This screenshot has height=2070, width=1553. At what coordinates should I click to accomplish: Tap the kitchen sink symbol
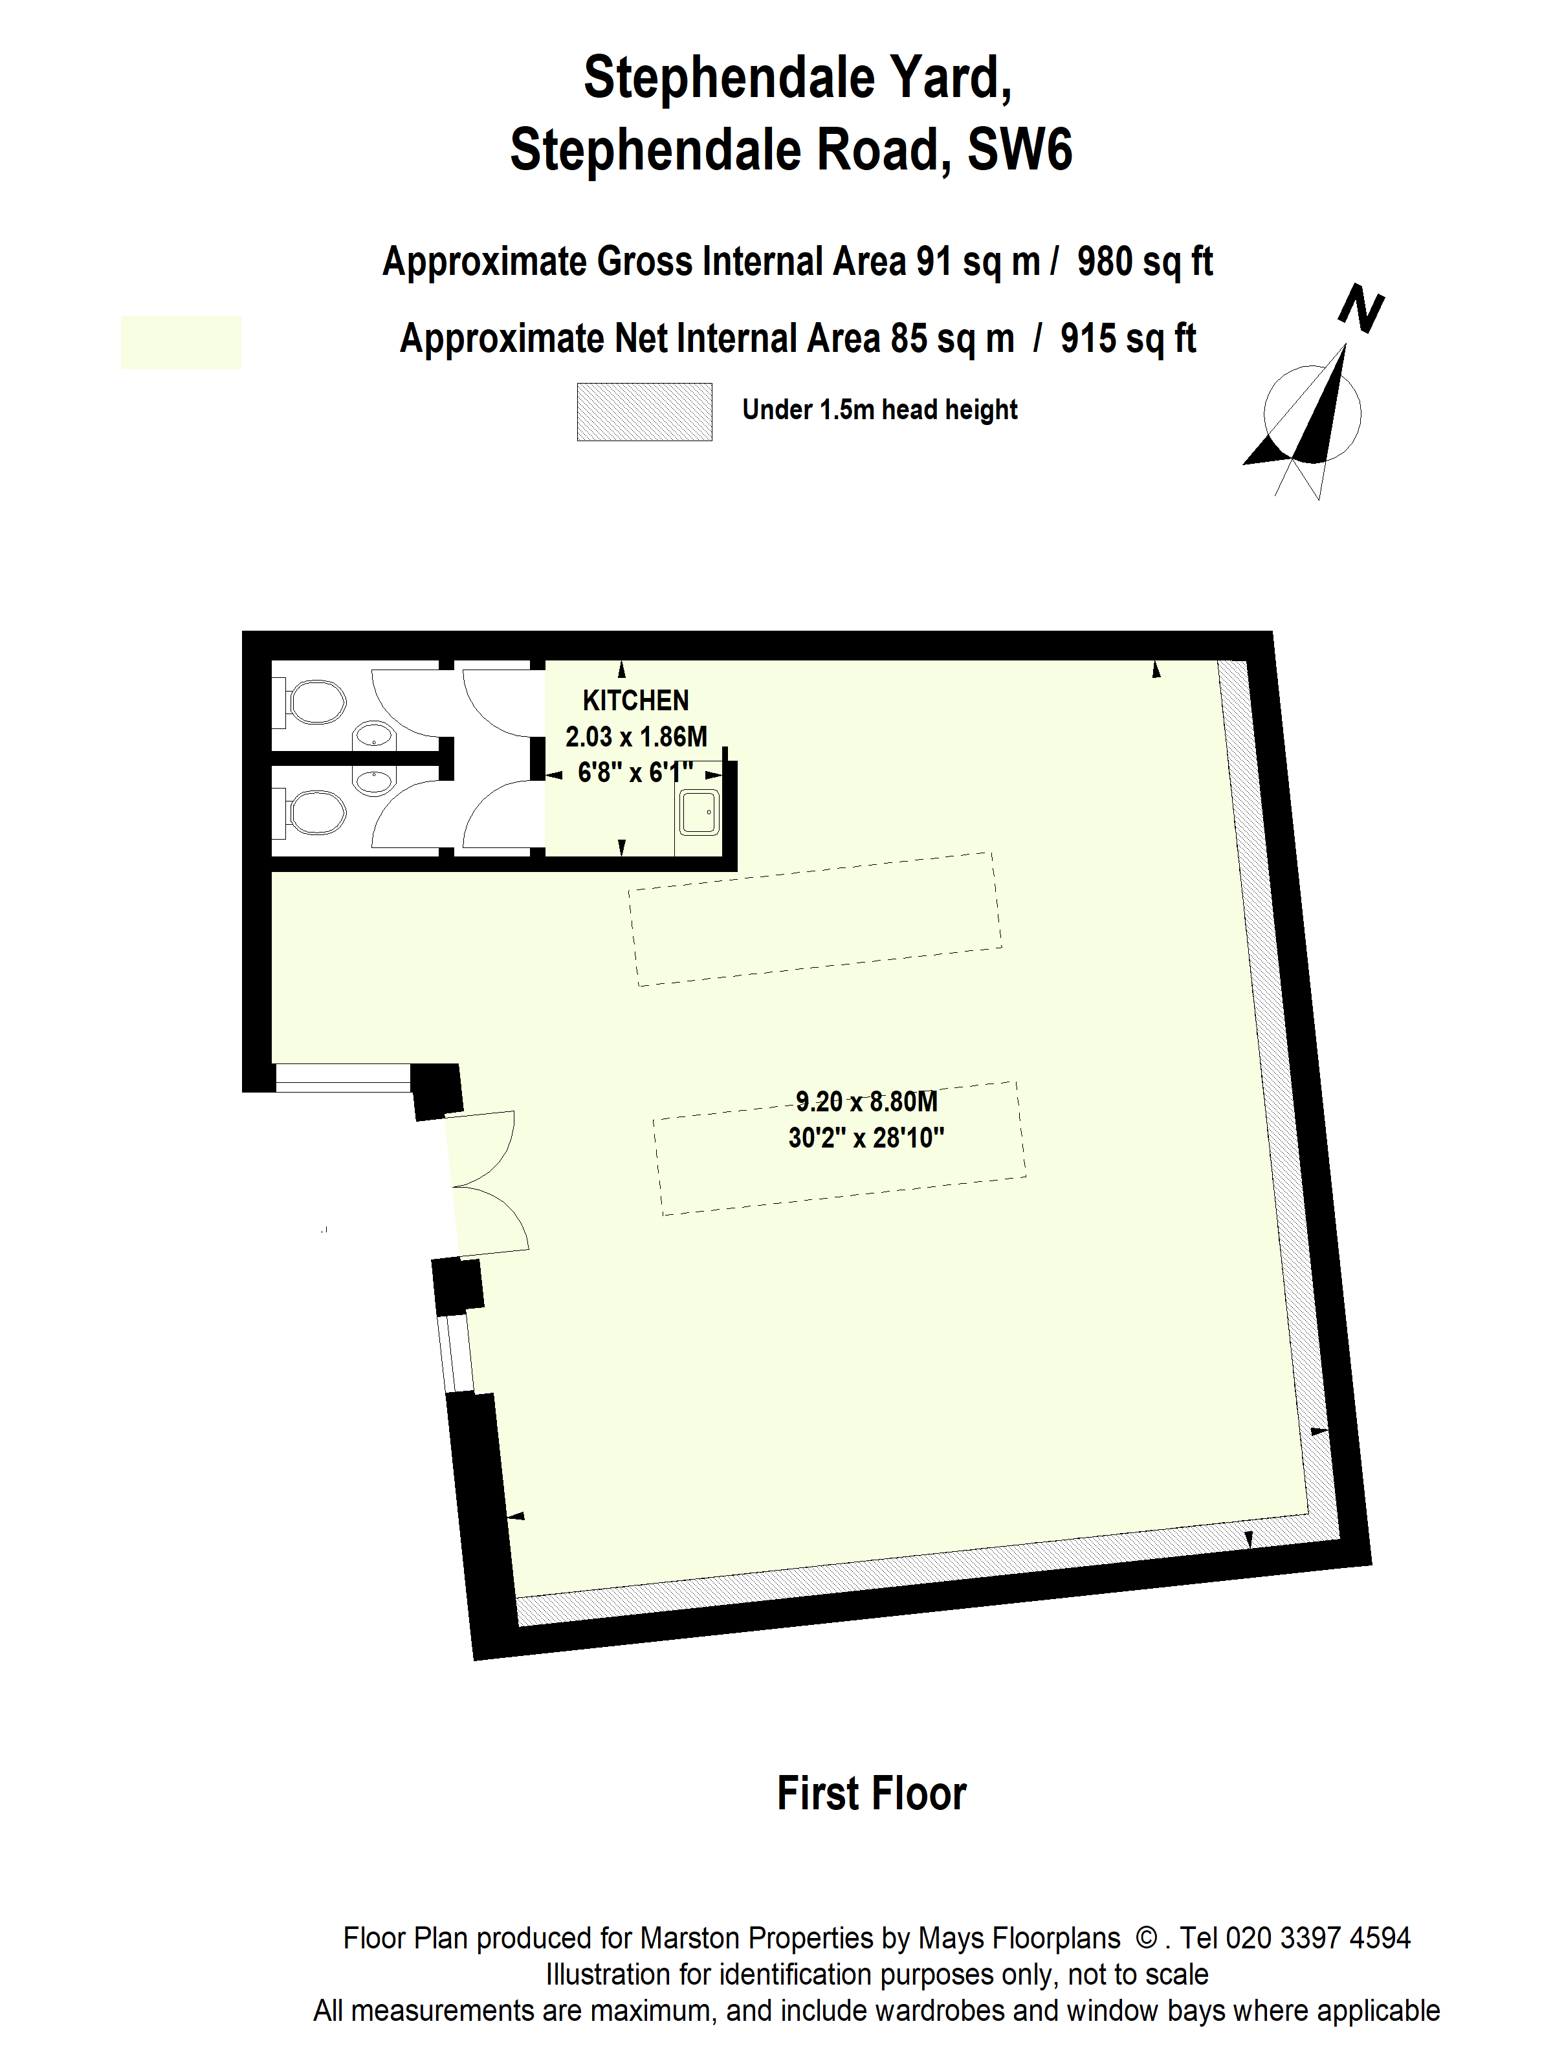click(x=698, y=812)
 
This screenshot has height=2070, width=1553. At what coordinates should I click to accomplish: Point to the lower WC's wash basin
click(x=373, y=779)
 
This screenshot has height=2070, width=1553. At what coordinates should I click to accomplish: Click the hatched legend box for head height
click(x=644, y=412)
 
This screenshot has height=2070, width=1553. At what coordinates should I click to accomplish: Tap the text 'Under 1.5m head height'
click(x=879, y=410)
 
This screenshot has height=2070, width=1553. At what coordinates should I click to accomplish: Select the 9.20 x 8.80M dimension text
click(x=866, y=1102)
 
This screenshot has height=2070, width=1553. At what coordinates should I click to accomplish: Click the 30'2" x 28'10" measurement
click(x=866, y=1138)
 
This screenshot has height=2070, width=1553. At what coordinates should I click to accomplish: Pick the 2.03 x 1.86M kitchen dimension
click(x=635, y=737)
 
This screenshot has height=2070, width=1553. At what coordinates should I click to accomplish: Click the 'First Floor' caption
click(x=872, y=1794)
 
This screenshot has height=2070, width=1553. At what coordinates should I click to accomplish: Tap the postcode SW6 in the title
click(x=1019, y=149)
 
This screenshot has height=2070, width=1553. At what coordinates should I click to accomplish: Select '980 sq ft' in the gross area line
click(x=1144, y=262)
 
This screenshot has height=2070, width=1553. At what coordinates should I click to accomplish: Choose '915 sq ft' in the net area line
click(x=1128, y=339)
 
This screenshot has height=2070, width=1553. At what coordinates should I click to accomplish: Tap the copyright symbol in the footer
click(x=1146, y=1937)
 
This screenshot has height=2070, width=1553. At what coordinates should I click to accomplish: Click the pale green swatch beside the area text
click(x=181, y=342)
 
